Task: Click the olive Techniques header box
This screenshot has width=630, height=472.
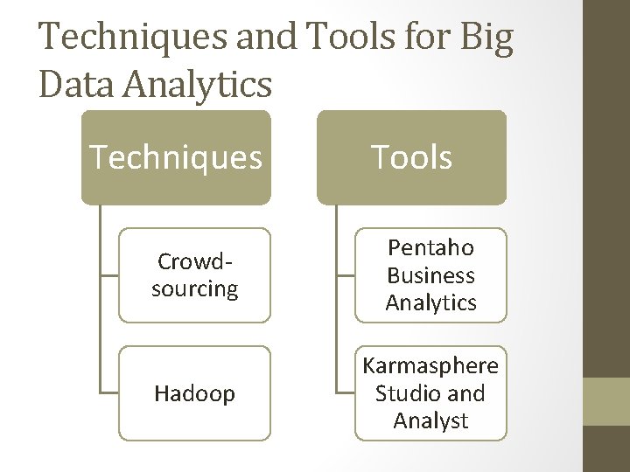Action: tap(176, 157)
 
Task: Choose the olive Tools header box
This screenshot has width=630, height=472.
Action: tap(411, 157)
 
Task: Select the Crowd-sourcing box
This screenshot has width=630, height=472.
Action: tap(194, 275)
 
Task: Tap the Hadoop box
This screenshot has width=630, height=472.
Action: tap(194, 393)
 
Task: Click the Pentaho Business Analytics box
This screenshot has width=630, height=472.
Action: tap(430, 275)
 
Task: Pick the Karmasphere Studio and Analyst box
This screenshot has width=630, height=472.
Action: tap(430, 393)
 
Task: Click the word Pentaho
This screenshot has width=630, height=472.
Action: tap(430, 248)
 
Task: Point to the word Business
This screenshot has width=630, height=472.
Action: tap(430, 275)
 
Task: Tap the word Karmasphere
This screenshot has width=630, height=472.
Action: tap(430, 365)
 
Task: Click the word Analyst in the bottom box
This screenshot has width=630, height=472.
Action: tap(430, 420)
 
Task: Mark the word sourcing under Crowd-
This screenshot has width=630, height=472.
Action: tap(194, 288)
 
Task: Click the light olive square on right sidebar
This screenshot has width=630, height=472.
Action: tap(606, 401)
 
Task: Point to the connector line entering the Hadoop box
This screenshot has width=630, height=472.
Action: tap(108, 393)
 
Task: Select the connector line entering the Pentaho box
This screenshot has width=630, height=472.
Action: tap(346, 275)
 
